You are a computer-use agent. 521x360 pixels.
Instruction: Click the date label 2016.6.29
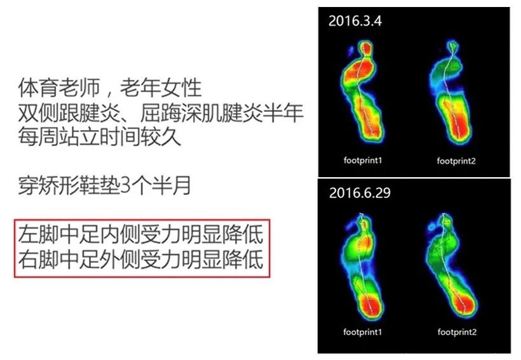[360, 192]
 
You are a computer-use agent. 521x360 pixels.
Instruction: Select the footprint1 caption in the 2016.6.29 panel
[363, 332]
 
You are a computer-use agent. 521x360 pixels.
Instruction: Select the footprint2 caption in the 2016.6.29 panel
[457, 332]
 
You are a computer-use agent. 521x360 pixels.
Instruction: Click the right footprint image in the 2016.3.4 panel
[454, 92]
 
